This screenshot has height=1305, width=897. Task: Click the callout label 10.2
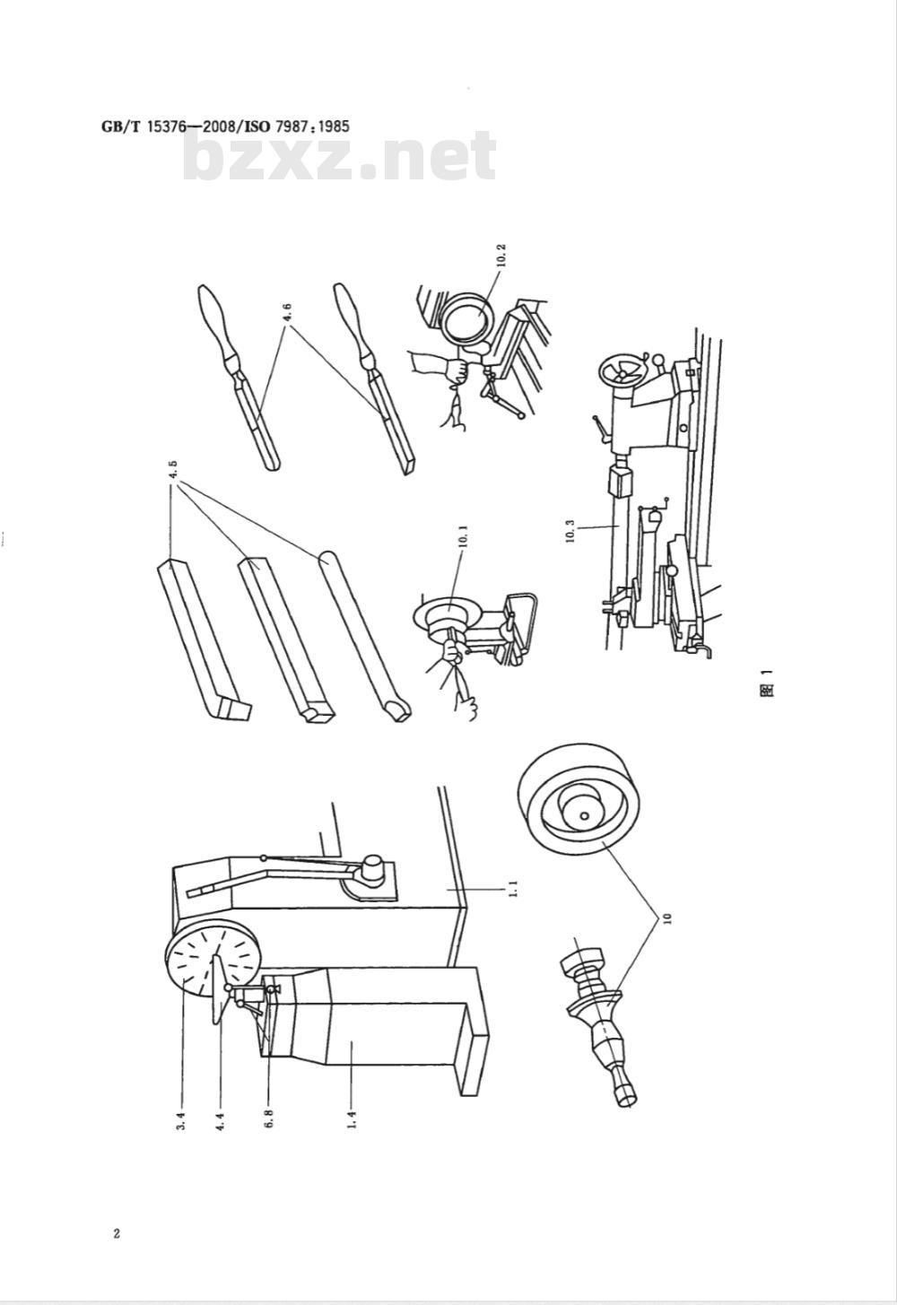click(x=502, y=256)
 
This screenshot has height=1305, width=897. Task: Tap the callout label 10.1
click(x=464, y=536)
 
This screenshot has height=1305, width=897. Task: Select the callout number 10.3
click(x=570, y=531)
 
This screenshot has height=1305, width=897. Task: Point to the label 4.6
click(x=288, y=312)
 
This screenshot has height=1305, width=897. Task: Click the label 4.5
click(x=174, y=471)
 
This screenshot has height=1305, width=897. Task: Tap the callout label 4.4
click(x=220, y=1121)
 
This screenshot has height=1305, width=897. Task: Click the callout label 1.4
click(x=352, y=1120)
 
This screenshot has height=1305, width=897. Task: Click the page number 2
click(x=117, y=1232)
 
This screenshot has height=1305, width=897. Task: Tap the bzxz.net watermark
click(x=340, y=156)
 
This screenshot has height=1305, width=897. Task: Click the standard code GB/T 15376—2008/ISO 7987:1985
click(x=225, y=126)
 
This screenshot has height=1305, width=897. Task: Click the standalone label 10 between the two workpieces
click(x=668, y=918)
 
